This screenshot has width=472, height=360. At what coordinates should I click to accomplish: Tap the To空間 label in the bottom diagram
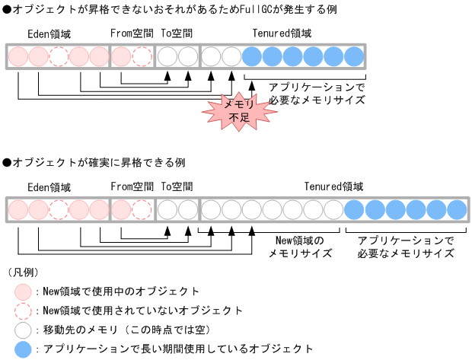pyautogui.click(x=177, y=186)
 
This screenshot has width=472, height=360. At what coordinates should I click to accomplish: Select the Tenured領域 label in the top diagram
pyautogui.click(x=282, y=34)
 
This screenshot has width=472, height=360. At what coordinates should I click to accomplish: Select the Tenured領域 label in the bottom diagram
pyautogui.click(x=333, y=186)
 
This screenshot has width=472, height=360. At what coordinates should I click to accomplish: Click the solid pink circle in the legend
pyautogui.click(x=24, y=292)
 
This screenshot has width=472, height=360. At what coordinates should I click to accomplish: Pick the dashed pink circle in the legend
pyautogui.click(x=24, y=311)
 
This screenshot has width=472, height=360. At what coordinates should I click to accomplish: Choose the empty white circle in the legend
pyautogui.click(x=24, y=330)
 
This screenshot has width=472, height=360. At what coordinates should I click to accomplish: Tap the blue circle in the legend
pyautogui.click(x=24, y=349)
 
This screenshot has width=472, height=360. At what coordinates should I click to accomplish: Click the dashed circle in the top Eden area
pyautogui.click(x=59, y=56)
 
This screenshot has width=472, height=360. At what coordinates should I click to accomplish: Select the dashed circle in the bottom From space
pyautogui.click(x=142, y=209)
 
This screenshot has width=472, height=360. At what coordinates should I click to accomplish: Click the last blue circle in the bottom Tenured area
pyautogui.click(x=456, y=209)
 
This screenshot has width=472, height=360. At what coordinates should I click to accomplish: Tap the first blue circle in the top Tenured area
pyautogui.click(x=253, y=56)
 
